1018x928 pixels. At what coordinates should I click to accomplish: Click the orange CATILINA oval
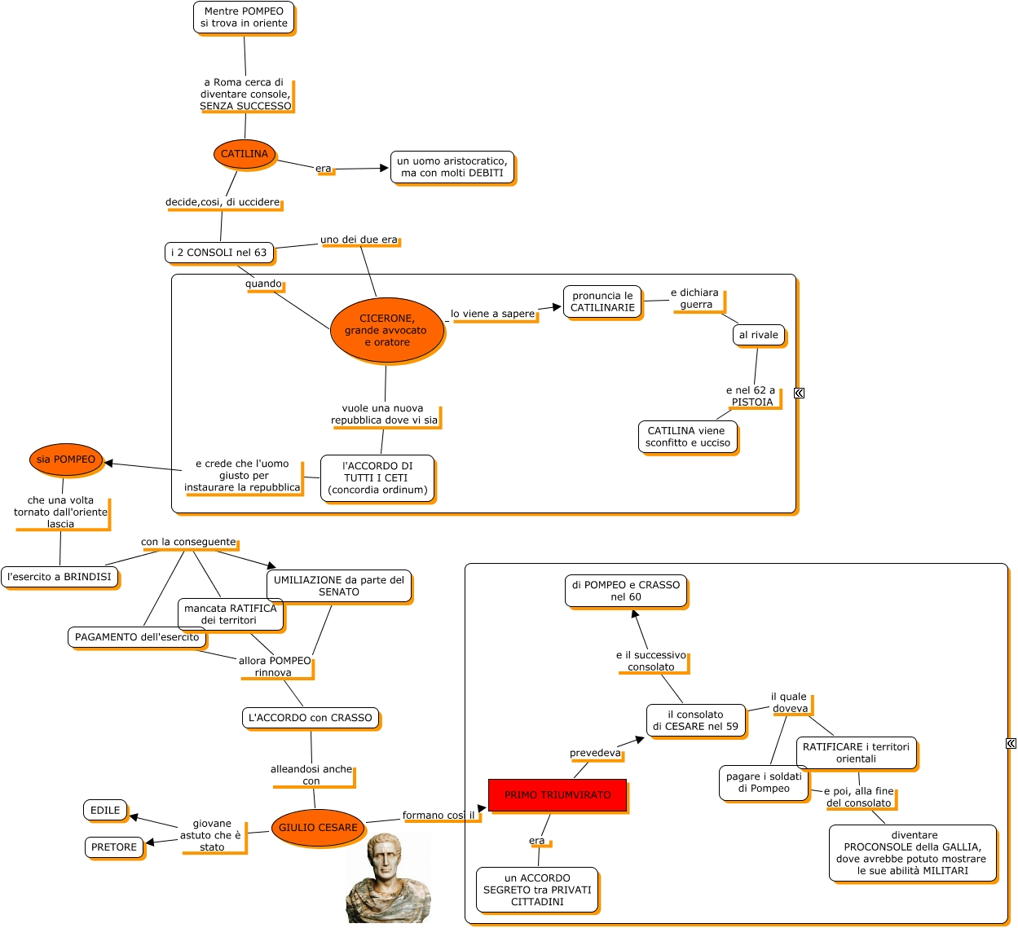(x=245, y=154)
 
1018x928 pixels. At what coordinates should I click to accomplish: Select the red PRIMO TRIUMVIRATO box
(x=557, y=795)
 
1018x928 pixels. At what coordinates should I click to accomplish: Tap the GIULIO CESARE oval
(x=318, y=828)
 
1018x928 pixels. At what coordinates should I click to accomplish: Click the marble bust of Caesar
(x=386, y=878)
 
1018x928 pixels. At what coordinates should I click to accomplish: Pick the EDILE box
(x=105, y=811)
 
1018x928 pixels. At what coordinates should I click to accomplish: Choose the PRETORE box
(x=114, y=847)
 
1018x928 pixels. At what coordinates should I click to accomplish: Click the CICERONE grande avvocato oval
(x=387, y=330)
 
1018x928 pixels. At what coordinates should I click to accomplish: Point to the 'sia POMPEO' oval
(x=66, y=460)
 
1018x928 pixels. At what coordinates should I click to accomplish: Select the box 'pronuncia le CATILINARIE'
(x=602, y=301)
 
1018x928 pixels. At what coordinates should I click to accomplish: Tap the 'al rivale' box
(x=759, y=335)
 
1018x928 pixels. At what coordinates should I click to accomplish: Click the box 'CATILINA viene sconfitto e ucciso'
(x=688, y=437)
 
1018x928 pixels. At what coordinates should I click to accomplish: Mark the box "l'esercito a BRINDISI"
(x=59, y=577)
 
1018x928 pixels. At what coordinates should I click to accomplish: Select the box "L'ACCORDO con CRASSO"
(x=311, y=718)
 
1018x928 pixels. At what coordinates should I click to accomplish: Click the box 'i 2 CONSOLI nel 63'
(x=219, y=253)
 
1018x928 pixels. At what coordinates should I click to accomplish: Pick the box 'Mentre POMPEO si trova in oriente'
(x=244, y=17)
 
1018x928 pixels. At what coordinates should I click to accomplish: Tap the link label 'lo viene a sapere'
(x=493, y=314)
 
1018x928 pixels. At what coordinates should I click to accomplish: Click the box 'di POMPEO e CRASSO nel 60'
(x=626, y=591)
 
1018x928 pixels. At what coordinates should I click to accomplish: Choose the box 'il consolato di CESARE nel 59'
(x=695, y=720)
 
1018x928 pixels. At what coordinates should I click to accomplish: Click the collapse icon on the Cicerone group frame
(x=799, y=393)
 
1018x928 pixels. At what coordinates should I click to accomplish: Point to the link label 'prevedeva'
(x=595, y=753)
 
